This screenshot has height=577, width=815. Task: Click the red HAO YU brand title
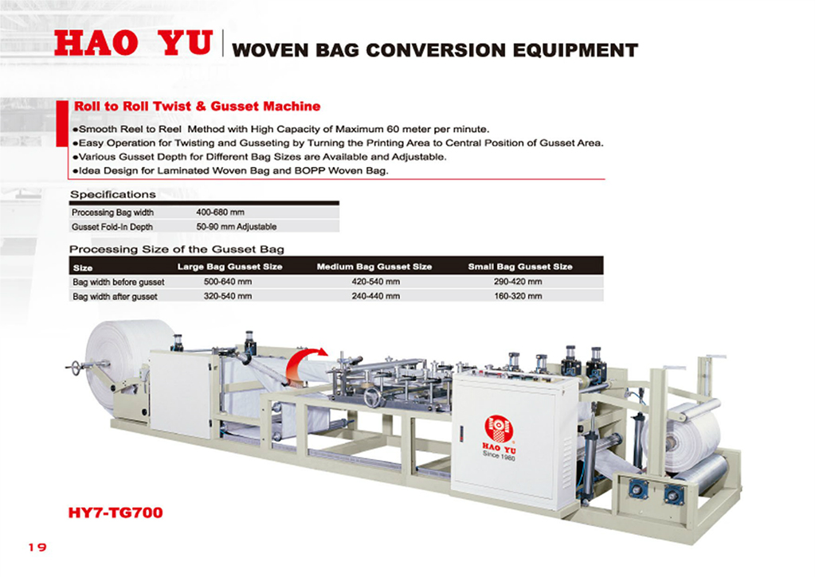pos(134,43)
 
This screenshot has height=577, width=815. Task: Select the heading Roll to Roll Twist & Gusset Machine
pos(197,107)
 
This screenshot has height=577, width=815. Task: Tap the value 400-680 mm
pos(220,212)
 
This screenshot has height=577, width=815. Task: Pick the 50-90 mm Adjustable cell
pos(236,227)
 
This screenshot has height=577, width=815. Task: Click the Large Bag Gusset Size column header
pos(229,267)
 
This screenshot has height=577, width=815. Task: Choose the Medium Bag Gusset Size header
pos(374,267)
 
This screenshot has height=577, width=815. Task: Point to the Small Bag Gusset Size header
pos(519,267)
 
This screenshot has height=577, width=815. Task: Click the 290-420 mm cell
pos(518,282)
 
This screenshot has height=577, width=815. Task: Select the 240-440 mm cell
pos(376,297)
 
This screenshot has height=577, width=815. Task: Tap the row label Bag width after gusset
pos(115,297)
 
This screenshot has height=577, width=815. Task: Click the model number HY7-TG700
pos(116,513)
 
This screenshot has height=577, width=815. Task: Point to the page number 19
pos(37,548)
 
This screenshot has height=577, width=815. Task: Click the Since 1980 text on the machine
pos(499,455)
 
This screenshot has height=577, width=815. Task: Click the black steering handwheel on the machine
pos(374,397)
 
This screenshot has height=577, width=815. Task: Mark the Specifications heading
pos(113,195)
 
